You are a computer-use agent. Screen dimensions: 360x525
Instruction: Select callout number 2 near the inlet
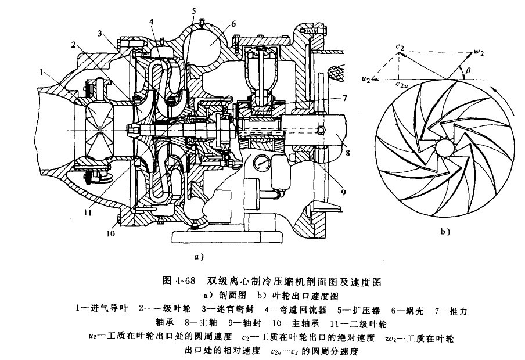pos(74,44)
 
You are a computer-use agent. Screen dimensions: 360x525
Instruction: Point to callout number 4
pos(151,22)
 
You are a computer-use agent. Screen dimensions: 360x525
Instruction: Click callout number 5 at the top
pos(194,10)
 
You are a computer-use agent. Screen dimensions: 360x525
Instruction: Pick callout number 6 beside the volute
pos(233,24)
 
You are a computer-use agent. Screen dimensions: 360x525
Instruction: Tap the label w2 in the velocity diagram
pos(479,53)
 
